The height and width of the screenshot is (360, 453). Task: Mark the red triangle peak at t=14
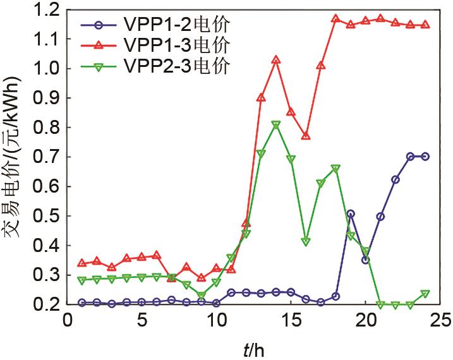click(276, 60)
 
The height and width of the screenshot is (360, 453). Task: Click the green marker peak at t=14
click(276, 124)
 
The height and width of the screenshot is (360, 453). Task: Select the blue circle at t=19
click(351, 214)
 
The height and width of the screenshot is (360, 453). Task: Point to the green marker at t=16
click(306, 242)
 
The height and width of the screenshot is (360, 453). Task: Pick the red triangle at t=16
click(306, 136)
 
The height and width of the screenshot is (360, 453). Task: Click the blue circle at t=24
click(425, 156)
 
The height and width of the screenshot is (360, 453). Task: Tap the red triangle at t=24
click(425, 25)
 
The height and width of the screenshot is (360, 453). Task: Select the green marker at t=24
click(425, 294)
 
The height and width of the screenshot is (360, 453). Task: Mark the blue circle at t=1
click(82, 303)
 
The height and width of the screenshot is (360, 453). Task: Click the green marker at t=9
click(202, 295)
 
